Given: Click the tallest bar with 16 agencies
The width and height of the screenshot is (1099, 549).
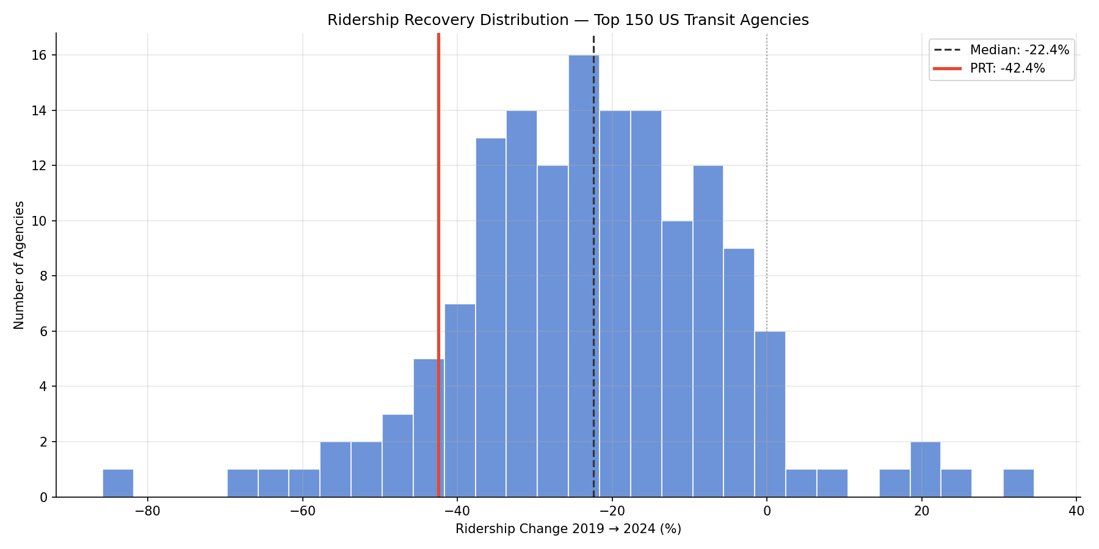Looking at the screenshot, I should [x=583, y=274].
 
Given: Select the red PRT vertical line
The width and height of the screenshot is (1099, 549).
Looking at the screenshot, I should [x=438, y=183].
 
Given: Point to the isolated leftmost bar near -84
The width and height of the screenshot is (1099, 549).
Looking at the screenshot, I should [x=118, y=483].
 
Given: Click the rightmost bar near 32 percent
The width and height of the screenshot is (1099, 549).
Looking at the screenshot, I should [x=1018, y=483].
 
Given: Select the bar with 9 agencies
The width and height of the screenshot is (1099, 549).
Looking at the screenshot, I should [x=739, y=372].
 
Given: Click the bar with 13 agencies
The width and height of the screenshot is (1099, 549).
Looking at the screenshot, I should [x=490, y=317].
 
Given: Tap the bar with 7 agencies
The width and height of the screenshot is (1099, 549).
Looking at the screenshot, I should [x=460, y=400].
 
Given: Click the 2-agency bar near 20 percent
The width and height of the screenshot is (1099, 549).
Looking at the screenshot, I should [x=925, y=469].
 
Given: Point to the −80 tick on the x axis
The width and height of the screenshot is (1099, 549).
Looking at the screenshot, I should [x=147, y=511].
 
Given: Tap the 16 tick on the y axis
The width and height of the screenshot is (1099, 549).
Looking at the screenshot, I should [x=40, y=56].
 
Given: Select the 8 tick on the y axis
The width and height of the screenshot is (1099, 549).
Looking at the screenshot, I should [x=43, y=276].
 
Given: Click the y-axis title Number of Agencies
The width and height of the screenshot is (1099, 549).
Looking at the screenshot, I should [x=19, y=265].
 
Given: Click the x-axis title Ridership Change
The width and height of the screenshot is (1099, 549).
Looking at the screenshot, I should [x=568, y=529].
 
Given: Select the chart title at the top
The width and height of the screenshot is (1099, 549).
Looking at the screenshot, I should [x=568, y=20].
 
